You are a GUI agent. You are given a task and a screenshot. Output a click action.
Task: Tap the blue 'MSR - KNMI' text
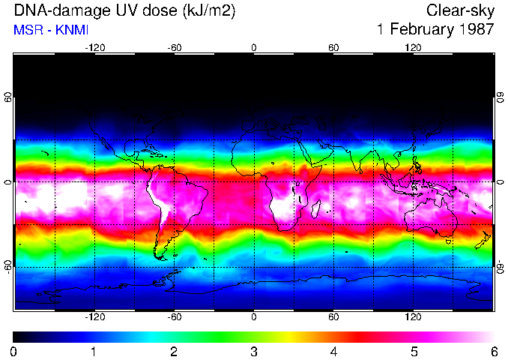tap(51, 31)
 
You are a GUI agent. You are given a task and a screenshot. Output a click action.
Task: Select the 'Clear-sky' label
tap(460, 11)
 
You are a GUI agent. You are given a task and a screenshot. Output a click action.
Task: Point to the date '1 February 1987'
tap(435, 31)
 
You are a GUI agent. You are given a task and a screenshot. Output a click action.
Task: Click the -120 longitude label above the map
tap(94, 47)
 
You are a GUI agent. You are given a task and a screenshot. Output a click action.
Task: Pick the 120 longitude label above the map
tap(413, 47)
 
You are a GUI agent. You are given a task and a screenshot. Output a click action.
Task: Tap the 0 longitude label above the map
tap(254, 47)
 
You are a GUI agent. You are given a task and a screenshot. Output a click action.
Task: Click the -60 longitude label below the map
tap(174, 317)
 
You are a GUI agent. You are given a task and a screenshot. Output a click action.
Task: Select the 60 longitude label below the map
tap(333, 317)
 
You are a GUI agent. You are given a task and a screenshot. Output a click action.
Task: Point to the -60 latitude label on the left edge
tap(8, 266)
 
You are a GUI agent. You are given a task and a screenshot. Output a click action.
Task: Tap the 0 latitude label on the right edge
tap(500, 182)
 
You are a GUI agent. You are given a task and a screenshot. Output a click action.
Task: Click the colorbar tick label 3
tap(254, 351)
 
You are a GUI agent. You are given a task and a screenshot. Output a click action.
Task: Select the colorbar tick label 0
tap(14, 351)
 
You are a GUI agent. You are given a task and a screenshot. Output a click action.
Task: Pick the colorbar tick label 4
tap(333, 351)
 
